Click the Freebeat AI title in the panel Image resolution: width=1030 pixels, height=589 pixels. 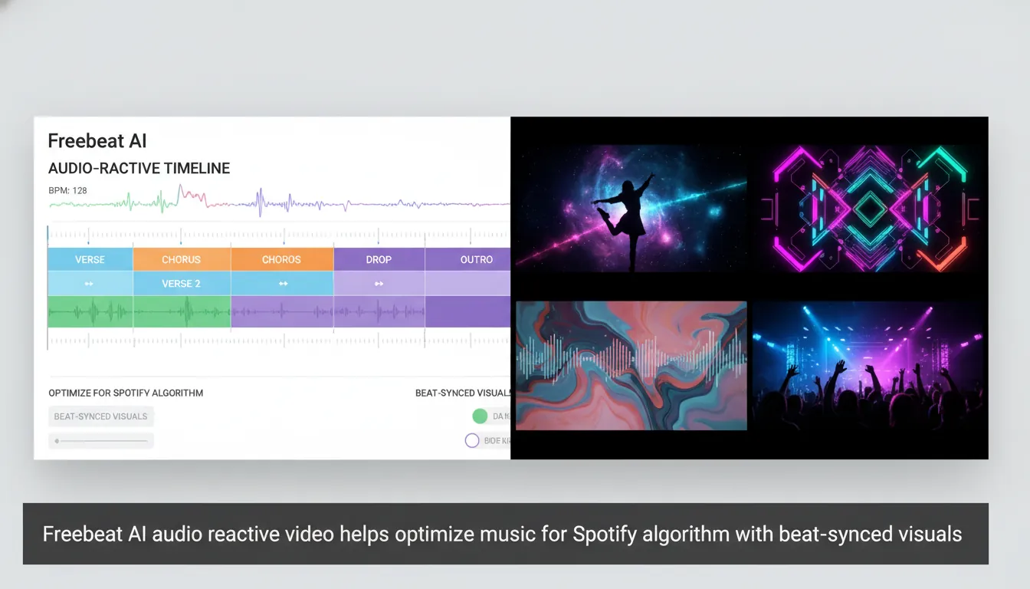[97, 141]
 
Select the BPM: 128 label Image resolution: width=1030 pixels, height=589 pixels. [67, 190]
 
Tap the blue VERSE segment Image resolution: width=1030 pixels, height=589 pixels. [90, 259]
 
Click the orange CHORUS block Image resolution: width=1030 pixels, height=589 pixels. [181, 259]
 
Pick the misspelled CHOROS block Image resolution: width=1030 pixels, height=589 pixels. [281, 259]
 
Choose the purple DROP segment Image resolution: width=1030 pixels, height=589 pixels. [379, 259]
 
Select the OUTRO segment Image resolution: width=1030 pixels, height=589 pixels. [476, 259]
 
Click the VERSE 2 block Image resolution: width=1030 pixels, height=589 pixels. [181, 283]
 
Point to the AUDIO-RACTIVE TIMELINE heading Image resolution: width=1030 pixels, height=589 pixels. [139, 169]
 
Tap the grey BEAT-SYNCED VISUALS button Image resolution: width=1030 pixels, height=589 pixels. [100, 416]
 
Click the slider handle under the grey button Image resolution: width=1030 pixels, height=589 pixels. [57, 441]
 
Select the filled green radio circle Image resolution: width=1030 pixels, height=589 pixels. [480, 416]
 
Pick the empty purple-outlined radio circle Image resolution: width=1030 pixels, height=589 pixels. [472, 440]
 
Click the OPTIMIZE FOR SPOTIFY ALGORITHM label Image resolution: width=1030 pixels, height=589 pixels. [126, 393]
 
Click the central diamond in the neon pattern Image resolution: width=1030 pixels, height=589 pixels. [869, 207]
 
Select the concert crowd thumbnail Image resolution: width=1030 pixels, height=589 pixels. [868, 365]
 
